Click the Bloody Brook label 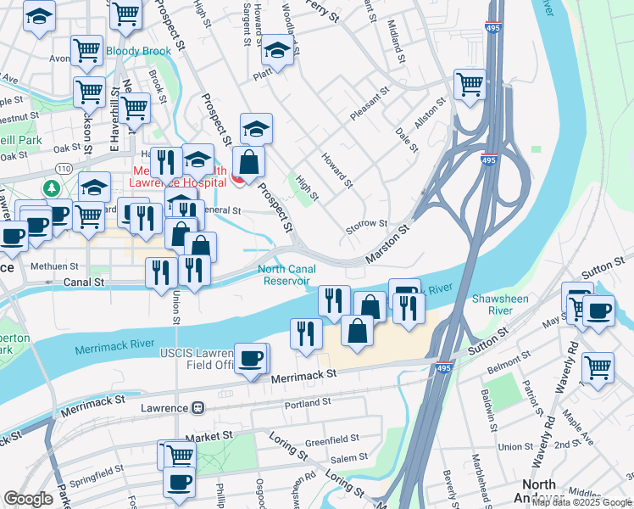pyautogui.click(x=138, y=52)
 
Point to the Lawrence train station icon pyautogui.click(x=197, y=408)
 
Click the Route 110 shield pyautogui.click(x=63, y=148)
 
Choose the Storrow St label pyautogui.click(x=366, y=224)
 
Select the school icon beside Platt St pyautogui.click(x=277, y=52)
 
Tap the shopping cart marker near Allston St pyautogui.click(x=470, y=85)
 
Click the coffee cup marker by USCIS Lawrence pyautogui.click(x=250, y=359)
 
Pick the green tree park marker pyautogui.click(x=53, y=188)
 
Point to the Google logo pyautogui.click(x=28, y=499)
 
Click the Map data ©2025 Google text pyautogui.click(x=581, y=502)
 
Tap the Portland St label pyautogui.click(x=306, y=405)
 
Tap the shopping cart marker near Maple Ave pyautogui.click(x=598, y=369)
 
